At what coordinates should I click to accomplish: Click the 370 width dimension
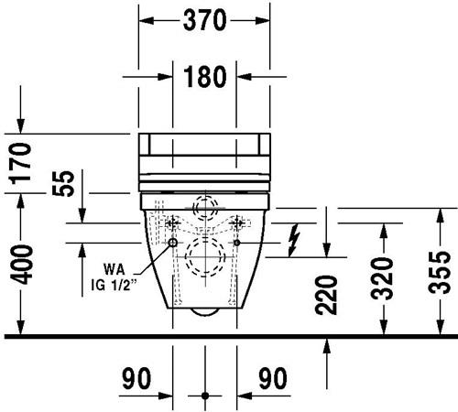(204, 20)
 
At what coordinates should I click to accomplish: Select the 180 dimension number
(205, 77)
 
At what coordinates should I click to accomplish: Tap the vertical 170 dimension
(21, 164)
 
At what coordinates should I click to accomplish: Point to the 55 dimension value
(63, 183)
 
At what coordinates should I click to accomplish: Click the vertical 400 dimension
(21, 265)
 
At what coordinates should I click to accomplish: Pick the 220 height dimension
(326, 295)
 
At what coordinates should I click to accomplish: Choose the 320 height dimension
(383, 278)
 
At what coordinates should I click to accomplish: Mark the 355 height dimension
(440, 273)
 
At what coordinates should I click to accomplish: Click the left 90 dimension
(136, 378)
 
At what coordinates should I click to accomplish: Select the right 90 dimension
(273, 378)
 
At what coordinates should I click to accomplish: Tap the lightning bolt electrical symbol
(294, 240)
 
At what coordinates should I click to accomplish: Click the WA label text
(114, 269)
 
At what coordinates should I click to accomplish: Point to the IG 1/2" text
(114, 286)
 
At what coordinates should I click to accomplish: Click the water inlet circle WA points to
(173, 243)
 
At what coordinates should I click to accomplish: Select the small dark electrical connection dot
(237, 243)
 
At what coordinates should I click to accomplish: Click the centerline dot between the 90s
(205, 396)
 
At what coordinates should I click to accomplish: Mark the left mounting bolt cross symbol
(173, 223)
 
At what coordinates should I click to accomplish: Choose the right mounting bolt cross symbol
(237, 223)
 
